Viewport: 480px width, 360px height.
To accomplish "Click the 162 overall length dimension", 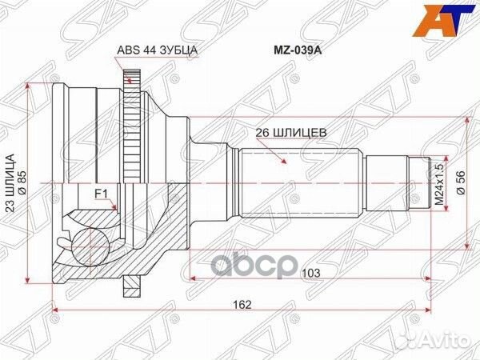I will point(242,304).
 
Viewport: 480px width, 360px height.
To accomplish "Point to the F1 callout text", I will point(102,194).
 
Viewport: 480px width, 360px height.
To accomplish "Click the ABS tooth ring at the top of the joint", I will point(131,80).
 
